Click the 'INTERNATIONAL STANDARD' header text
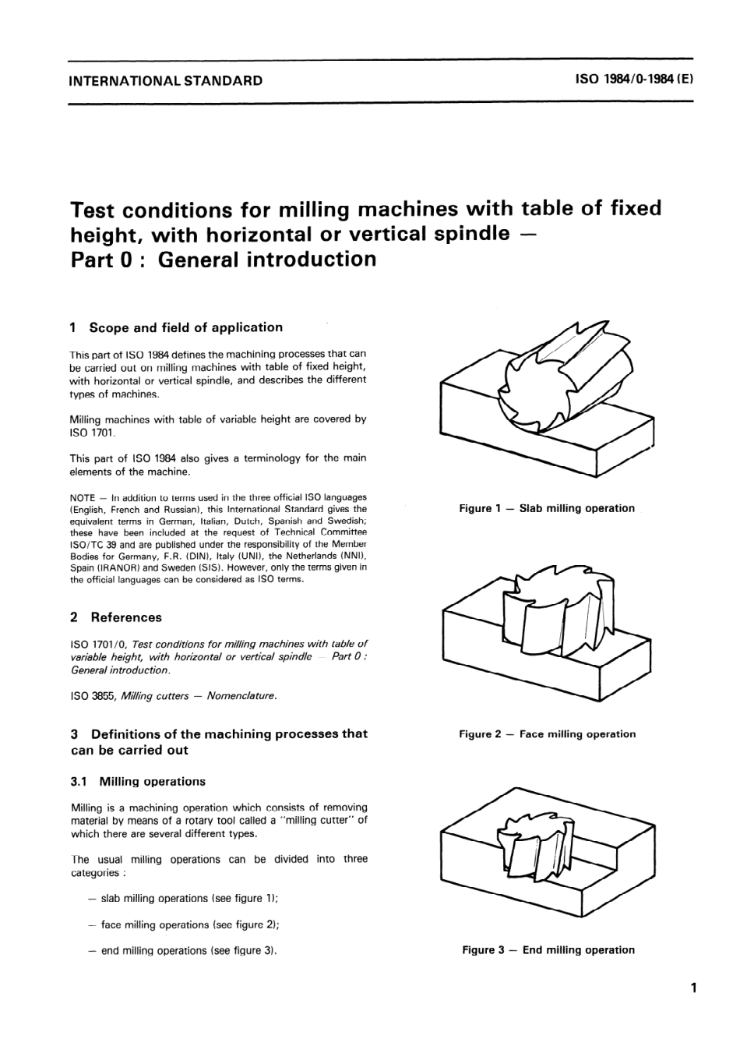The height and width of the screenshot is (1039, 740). click(166, 80)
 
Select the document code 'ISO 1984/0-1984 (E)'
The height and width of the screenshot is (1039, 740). click(633, 80)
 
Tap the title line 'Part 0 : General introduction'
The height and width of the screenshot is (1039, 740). click(223, 259)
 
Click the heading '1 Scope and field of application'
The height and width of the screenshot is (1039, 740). click(176, 327)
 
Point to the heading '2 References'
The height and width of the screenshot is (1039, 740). click(116, 617)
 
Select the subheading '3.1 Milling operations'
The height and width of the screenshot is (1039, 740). click(138, 781)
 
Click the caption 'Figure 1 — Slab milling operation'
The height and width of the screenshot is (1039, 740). click(547, 508)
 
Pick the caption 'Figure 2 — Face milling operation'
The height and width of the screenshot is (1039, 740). click(547, 734)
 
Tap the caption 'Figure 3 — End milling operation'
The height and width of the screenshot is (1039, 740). click(548, 950)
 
